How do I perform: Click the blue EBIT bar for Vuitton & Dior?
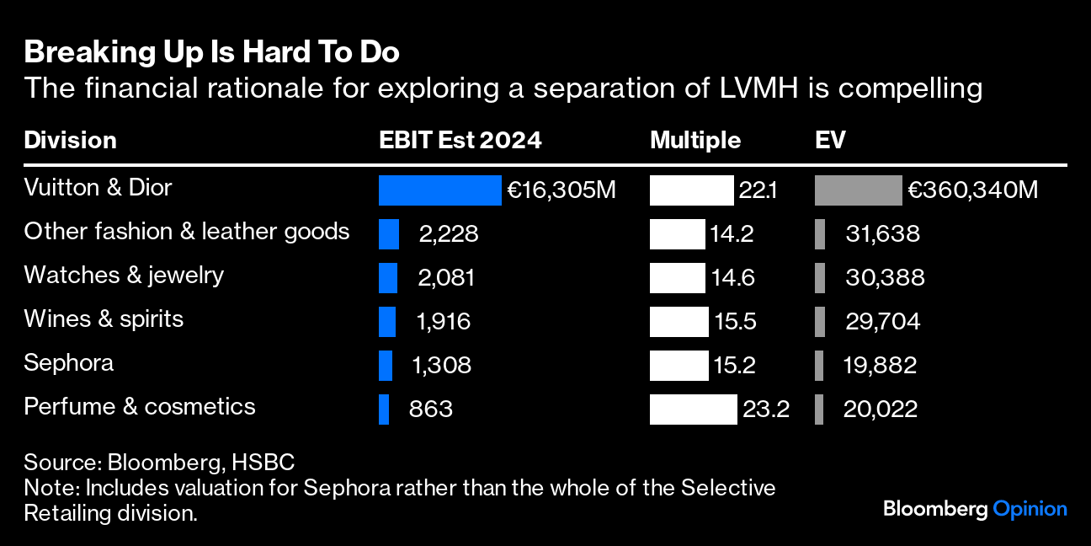[439, 190]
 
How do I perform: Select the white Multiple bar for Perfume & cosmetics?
[693, 409]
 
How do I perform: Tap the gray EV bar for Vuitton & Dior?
[858, 190]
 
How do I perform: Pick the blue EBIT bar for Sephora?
[386, 366]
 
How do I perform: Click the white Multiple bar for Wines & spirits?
[679, 322]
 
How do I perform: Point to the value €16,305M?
[561, 190]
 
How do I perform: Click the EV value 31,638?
[882, 234]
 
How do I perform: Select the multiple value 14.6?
[734, 278]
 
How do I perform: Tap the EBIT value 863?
[431, 409]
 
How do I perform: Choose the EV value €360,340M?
[972, 190]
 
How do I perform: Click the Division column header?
[70, 140]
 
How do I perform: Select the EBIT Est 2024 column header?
[460, 140]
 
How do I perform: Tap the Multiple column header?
[695, 140]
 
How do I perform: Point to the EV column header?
[830, 140]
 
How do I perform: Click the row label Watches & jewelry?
[124, 275]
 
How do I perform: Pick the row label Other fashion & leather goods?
[187, 231]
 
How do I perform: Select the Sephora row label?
[69, 362]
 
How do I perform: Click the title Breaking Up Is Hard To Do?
[211, 53]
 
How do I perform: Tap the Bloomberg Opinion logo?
[975, 509]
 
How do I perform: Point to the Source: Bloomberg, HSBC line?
[159, 463]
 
